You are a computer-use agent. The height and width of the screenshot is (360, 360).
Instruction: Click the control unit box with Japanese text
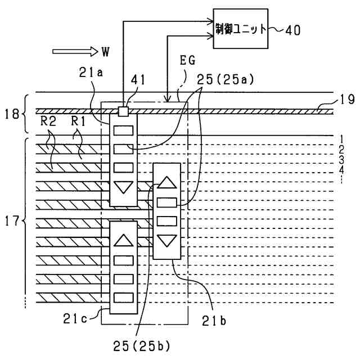pos(241,29)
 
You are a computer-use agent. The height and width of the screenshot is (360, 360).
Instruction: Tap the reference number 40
pos(292,30)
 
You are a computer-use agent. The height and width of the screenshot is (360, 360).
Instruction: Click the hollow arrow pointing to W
pos(75,52)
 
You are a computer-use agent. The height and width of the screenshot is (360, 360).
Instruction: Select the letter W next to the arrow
pos(105,52)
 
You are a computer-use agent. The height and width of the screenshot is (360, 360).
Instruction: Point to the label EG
pos(187,61)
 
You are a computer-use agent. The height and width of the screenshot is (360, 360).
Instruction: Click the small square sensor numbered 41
pos(123,111)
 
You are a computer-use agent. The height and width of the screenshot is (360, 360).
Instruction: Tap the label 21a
pos(91,73)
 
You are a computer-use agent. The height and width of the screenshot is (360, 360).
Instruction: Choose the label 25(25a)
pos(226,80)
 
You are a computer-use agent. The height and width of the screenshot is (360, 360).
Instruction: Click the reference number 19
pos(348,100)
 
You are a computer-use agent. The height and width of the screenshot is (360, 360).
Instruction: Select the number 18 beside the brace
pos(12,114)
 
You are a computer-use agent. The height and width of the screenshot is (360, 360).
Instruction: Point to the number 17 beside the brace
pos(12,221)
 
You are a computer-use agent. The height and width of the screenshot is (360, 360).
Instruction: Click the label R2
pos(48,121)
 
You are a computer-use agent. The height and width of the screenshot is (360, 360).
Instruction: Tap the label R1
pos(78,121)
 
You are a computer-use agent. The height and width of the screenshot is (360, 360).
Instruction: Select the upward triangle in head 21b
pos(167,182)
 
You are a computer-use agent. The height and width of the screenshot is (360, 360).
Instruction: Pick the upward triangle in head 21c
pos(124,240)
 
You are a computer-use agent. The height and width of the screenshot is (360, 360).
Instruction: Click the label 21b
pos(214,321)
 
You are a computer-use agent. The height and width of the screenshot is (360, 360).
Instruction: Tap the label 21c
pos(75,319)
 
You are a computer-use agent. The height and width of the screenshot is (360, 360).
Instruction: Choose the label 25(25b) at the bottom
pos(142,346)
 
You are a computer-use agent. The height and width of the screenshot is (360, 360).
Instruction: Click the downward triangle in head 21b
pos(167,241)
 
